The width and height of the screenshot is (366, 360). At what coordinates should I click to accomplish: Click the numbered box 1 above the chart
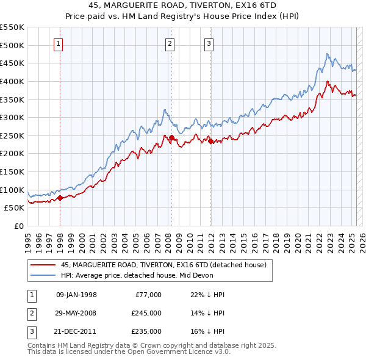point(59,43)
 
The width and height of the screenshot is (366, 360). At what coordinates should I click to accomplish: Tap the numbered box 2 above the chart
point(170,43)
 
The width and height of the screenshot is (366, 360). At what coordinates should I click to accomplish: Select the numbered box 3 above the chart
point(209,43)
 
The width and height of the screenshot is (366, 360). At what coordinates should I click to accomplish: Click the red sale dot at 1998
point(60,198)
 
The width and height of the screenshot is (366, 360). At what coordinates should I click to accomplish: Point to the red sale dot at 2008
point(171,137)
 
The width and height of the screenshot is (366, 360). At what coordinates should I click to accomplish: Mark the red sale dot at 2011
point(210,141)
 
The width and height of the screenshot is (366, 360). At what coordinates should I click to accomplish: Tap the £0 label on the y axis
point(18,226)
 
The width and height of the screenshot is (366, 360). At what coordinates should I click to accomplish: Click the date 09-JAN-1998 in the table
point(76,295)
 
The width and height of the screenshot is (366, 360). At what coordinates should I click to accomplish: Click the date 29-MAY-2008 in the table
point(76,313)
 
